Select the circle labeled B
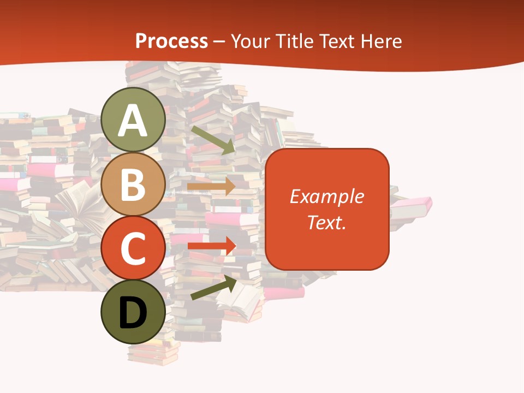[x=133, y=184]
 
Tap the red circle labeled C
[x=133, y=248]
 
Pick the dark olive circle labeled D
[x=133, y=312]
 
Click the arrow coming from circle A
[x=213, y=139]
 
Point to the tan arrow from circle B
[x=211, y=186]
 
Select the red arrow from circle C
[x=211, y=246]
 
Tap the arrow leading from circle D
[x=213, y=288]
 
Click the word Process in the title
[x=171, y=41]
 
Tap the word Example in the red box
[x=327, y=196]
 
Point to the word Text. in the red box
[x=327, y=222]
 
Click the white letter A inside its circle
[x=133, y=120]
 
